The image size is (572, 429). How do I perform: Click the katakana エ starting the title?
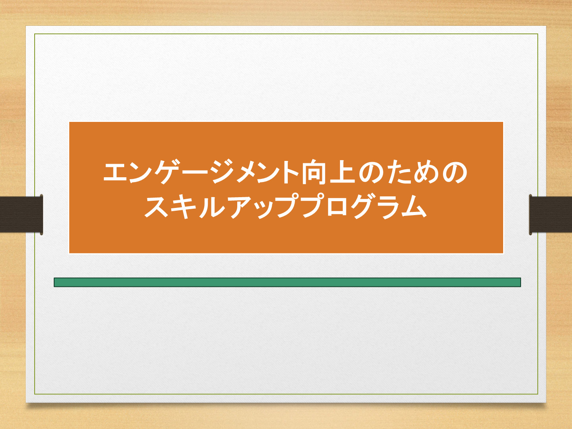coord(116,172)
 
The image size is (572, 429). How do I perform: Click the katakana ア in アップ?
coord(241,207)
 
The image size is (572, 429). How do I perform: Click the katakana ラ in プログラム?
coord(388,207)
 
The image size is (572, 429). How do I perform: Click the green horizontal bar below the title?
coord(287,282)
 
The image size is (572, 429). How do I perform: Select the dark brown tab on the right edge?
coord(551,215)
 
